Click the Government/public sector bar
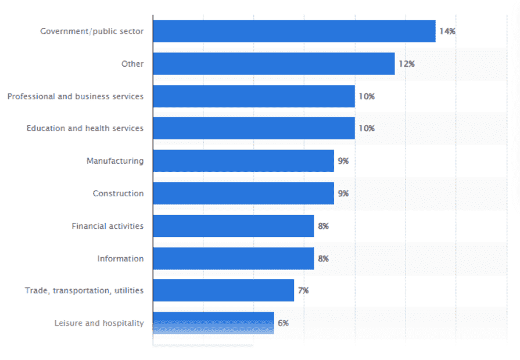pyautogui.click(x=294, y=31)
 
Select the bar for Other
pyautogui.click(x=274, y=64)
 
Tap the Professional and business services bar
pyautogui.click(x=254, y=96)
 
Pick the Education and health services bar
pyautogui.click(x=254, y=128)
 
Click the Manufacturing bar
pyautogui.click(x=243, y=161)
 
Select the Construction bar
pyautogui.click(x=243, y=193)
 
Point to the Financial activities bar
pyautogui.click(x=234, y=226)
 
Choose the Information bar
pyautogui.click(x=234, y=258)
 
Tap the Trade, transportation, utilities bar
pyautogui.click(x=224, y=290)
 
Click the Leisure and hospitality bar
pyautogui.click(x=213, y=323)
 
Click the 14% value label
pyautogui.click(x=447, y=31)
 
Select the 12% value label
pyautogui.click(x=406, y=64)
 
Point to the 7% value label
pyautogui.click(x=303, y=290)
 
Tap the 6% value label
pyautogui.click(x=283, y=323)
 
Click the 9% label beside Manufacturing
pyautogui.click(x=343, y=161)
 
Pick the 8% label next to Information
pyautogui.click(x=323, y=258)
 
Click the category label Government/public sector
pyautogui.click(x=91, y=31)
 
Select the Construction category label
pyautogui.click(x=118, y=193)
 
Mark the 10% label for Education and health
pyautogui.click(x=366, y=128)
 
